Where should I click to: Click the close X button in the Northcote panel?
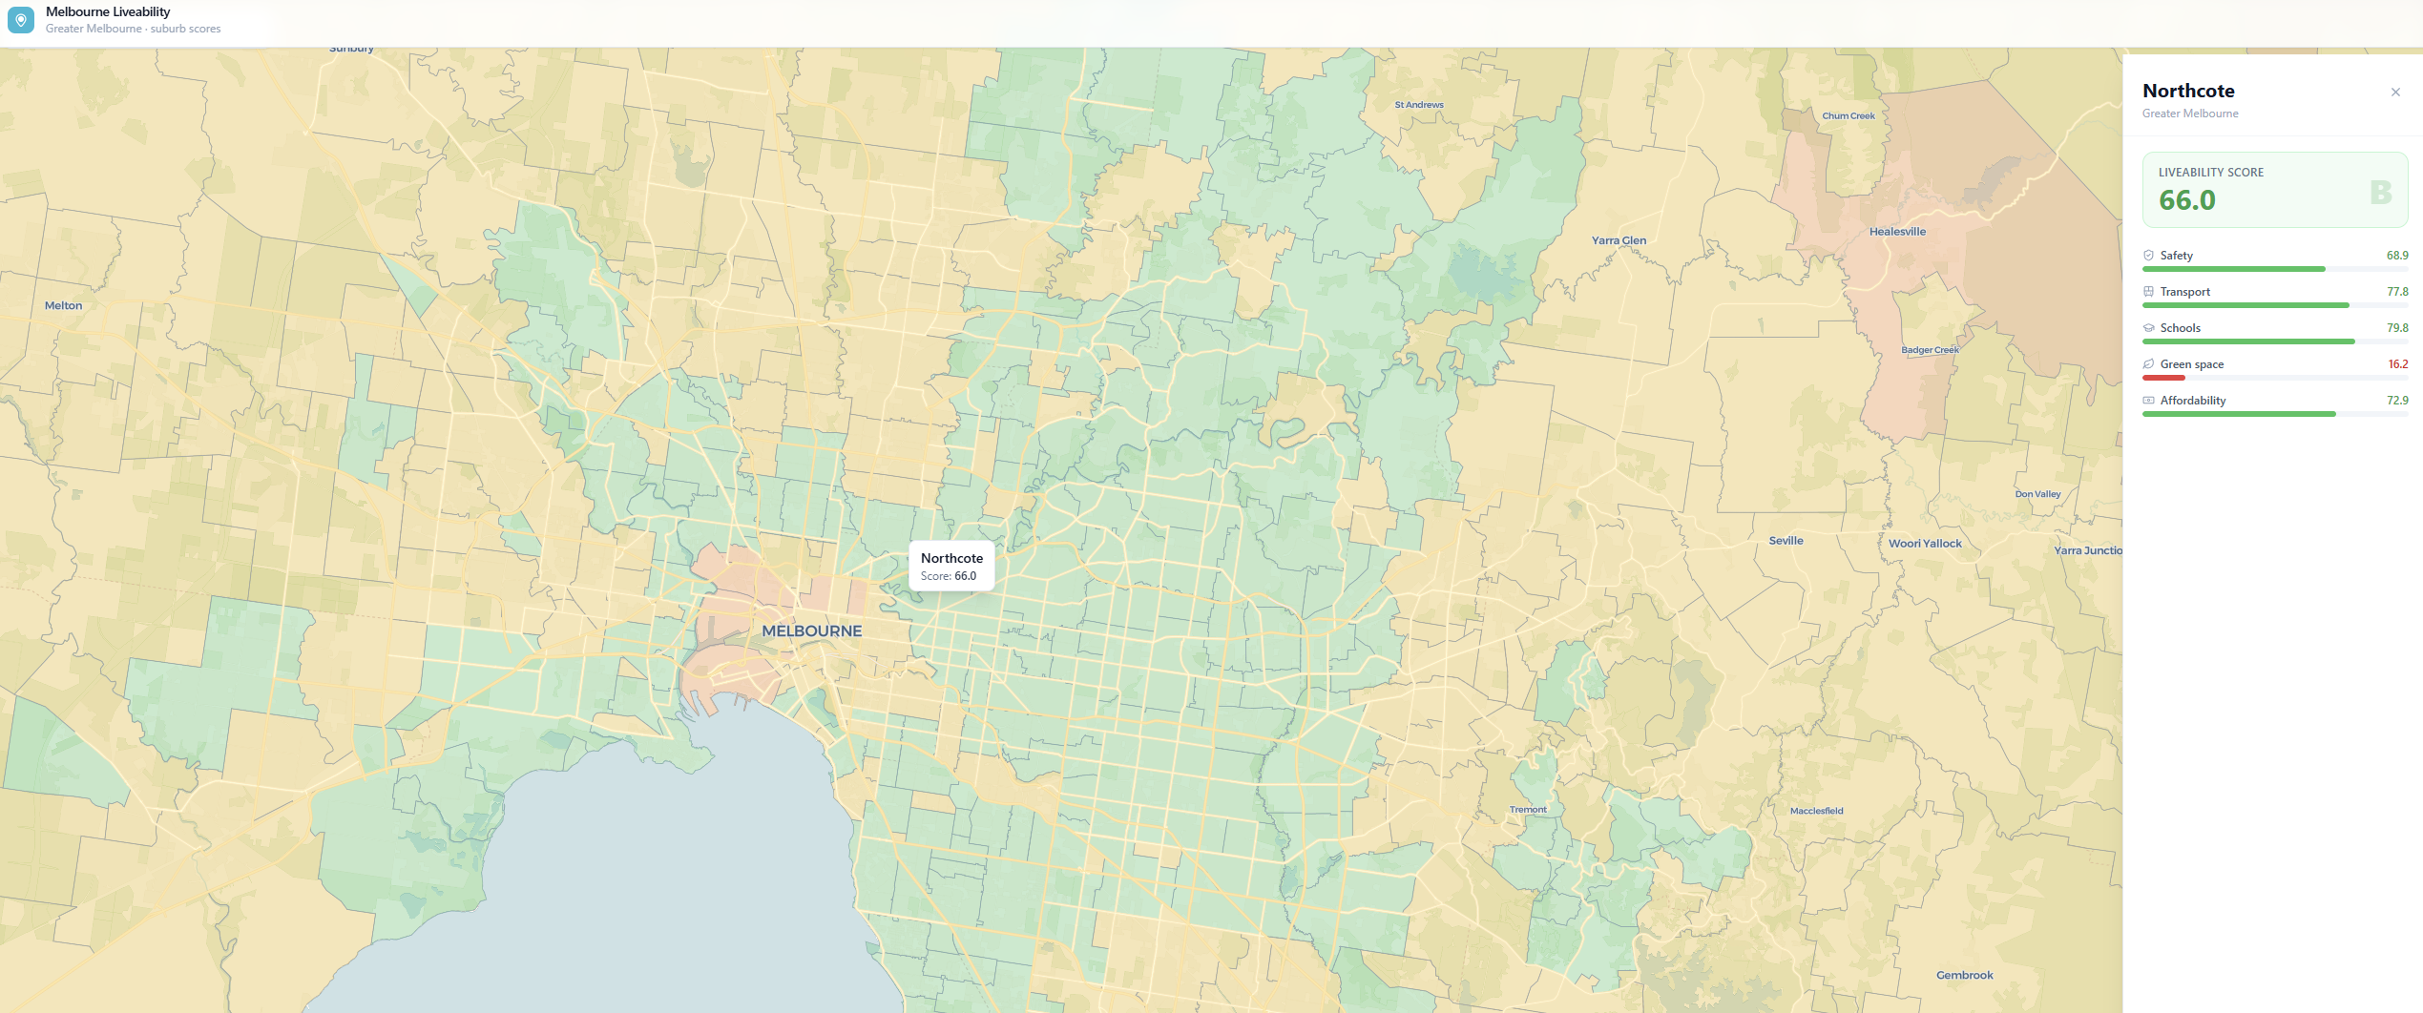click(2395, 93)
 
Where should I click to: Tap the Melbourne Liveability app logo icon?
click(21, 20)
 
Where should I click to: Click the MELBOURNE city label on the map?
click(811, 631)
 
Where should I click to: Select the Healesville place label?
click(1897, 232)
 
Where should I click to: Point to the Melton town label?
click(64, 306)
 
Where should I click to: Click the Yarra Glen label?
click(1619, 240)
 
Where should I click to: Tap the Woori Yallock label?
click(1925, 544)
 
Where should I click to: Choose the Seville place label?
click(1786, 541)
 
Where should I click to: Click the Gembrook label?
click(1964, 975)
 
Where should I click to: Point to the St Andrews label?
click(1419, 105)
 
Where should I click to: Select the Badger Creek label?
click(1930, 350)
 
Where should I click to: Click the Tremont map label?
click(1528, 810)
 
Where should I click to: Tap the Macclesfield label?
click(1816, 811)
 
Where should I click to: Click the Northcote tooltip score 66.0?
click(965, 576)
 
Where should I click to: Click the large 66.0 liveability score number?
click(2187, 200)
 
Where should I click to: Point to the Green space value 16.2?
click(2397, 364)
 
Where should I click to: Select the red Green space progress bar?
click(2163, 378)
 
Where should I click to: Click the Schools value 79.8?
click(2397, 328)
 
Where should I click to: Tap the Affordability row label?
click(2192, 401)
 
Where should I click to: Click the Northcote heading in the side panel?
click(2188, 91)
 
